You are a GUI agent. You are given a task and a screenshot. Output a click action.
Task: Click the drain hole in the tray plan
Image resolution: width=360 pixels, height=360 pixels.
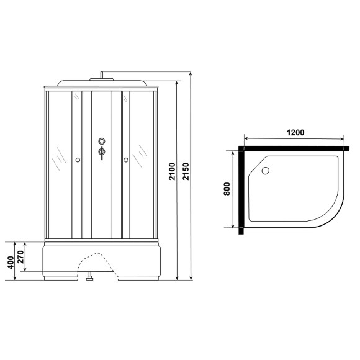click(x=266, y=169)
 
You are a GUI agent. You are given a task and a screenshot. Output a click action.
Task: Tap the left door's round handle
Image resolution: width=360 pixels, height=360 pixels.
click(x=78, y=161)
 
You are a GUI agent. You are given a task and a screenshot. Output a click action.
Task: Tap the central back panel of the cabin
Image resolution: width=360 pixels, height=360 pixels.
click(x=101, y=186)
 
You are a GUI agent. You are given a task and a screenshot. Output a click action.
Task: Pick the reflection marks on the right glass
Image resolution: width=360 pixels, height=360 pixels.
click(x=144, y=152)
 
